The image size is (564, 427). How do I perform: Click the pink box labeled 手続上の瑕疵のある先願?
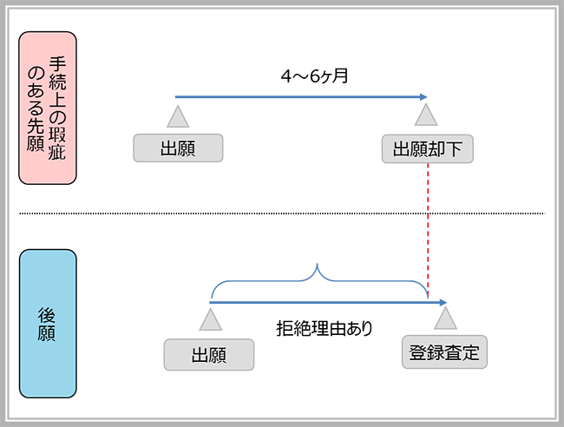click(48, 108)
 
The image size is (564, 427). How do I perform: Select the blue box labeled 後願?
click(48, 324)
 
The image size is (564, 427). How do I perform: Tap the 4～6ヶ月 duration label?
click(314, 76)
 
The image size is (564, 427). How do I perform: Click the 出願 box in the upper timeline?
click(178, 148)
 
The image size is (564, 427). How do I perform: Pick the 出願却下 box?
click(427, 148)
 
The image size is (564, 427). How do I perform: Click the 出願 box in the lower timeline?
click(209, 355)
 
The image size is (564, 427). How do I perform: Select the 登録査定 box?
click(444, 352)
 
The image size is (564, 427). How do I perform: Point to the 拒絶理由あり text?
click(325, 328)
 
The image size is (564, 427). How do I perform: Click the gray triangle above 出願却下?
click(426, 115)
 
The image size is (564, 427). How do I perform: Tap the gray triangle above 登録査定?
click(445, 319)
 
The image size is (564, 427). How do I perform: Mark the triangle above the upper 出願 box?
click(178, 116)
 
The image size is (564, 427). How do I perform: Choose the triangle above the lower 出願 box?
click(211, 319)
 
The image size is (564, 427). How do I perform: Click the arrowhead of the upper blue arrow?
click(423, 96)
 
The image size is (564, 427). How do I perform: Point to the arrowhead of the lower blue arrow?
click(443, 303)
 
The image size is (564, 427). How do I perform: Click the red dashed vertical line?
click(428, 230)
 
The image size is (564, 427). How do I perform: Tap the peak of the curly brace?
click(317, 264)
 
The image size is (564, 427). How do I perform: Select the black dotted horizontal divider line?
click(282, 213)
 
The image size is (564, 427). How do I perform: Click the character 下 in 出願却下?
click(454, 149)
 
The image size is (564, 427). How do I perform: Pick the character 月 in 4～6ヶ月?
click(340, 76)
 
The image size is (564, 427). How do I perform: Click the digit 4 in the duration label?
click(286, 76)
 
